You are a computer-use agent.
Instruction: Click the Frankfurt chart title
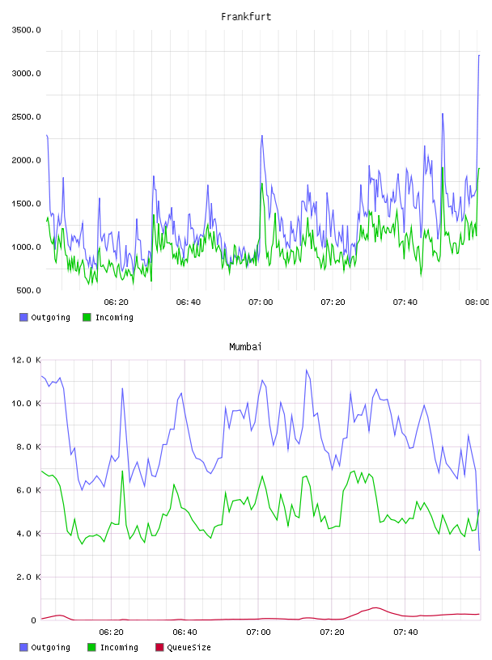(x=246, y=17)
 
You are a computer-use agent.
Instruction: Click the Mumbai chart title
(x=245, y=347)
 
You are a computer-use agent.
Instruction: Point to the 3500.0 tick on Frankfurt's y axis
(x=26, y=30)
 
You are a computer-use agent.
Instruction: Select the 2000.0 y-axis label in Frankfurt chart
(x=26, y=160)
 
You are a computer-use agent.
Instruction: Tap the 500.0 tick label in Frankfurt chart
(x=28, y=290)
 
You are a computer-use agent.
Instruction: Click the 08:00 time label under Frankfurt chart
(x=477, y=302)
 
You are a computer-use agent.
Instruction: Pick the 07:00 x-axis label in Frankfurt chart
(x=261, y=302)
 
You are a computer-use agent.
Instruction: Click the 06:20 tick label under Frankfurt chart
(x=117, y=302)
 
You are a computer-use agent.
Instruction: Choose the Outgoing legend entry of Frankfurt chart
(x=45, y=317)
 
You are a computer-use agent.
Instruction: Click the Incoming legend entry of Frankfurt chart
(x=108, y=317)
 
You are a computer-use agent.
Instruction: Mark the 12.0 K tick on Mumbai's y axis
(x=26, y=360)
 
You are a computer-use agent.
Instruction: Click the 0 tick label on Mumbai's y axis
(x=34, y=620)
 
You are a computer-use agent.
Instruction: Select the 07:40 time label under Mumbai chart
(x=405, y=632)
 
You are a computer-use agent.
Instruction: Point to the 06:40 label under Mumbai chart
(x=185, y=632)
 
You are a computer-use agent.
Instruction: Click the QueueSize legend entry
(x=183, y=647)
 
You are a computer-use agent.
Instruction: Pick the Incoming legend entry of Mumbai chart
(x=112, y=647)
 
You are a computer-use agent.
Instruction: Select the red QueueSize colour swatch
(x=159, y=647)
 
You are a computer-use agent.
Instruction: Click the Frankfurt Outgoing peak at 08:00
(x=479, y=55)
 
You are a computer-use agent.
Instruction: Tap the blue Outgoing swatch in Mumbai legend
(x=23, y=647)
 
